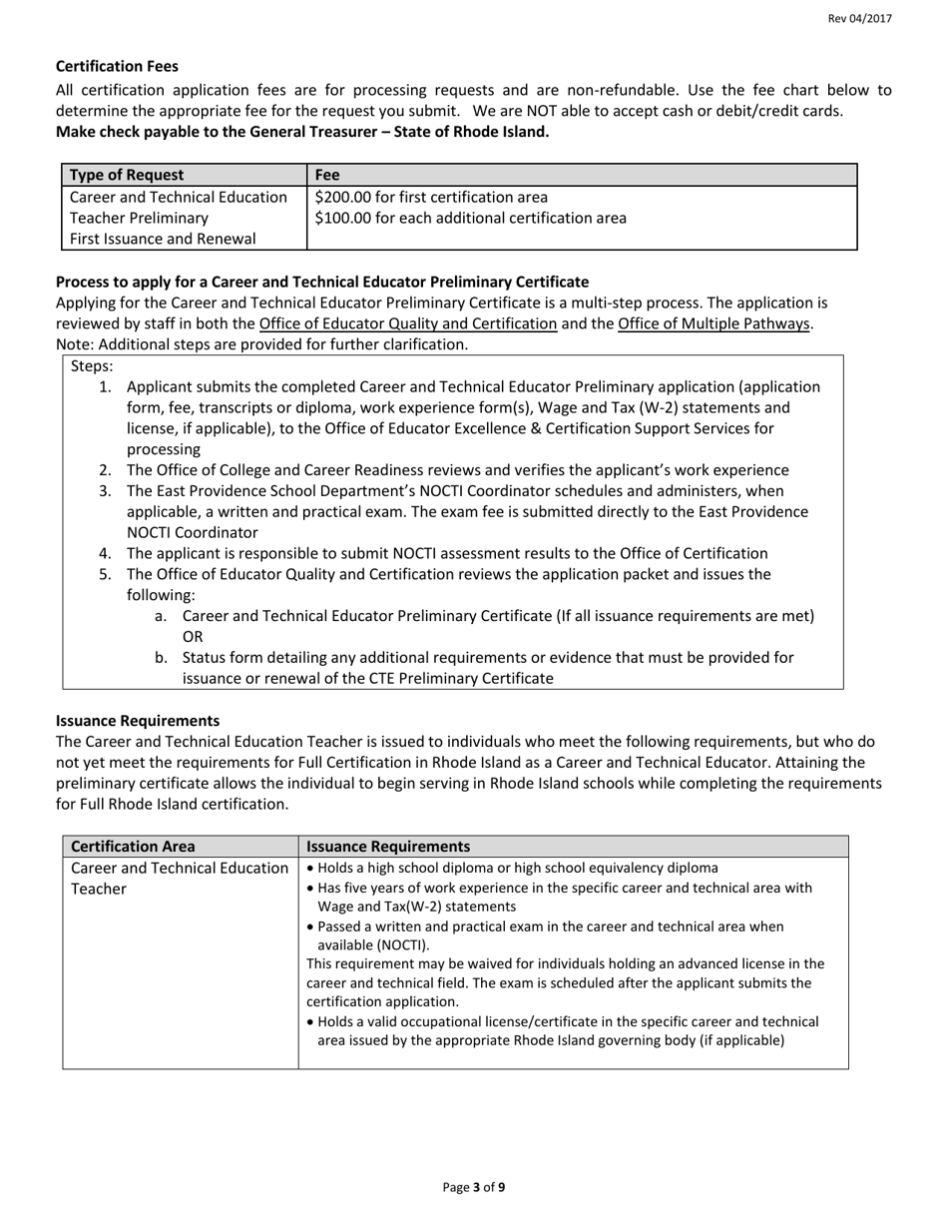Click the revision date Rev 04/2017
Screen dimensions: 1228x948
tap(859, 19)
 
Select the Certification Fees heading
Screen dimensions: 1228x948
tap(117, 66)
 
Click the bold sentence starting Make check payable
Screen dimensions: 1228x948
tap(302, 132)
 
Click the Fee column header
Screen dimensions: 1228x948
tap(327, 175)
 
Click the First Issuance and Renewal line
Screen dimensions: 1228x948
tap(163, 239)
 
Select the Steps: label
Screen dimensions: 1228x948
tap(92, 365)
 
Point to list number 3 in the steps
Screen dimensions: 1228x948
tap(105, 491)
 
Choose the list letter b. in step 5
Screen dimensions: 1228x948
tap(162, 658)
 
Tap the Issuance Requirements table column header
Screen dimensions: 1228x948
tap(388, 847)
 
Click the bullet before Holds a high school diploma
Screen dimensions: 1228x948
tap(310, 868)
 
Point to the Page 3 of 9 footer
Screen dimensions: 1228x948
tap(474, 1188)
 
